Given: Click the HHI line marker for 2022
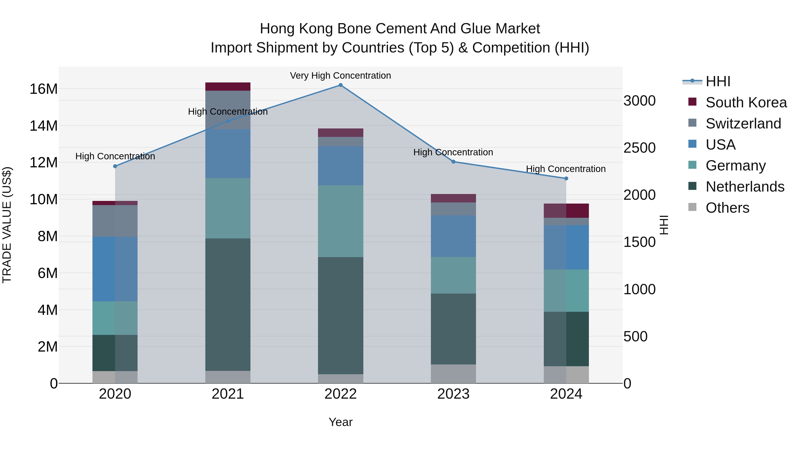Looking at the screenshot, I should (340, 85).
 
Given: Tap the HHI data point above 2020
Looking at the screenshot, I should (115, 166).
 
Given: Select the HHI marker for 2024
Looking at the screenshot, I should (566, 178).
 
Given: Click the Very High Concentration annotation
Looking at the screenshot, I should (340, 76).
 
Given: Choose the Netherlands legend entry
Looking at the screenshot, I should (745, 187).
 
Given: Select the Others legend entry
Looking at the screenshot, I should (727, 208).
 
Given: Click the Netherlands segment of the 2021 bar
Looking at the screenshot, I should (228, 304).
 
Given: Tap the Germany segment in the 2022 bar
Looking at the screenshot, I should (340, 221).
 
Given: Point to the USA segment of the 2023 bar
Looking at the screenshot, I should (453, 236).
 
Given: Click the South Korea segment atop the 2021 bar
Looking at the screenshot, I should (228, 87).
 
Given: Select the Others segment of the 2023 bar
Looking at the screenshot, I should (453, 374).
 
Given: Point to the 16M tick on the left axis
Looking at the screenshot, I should (44, 89).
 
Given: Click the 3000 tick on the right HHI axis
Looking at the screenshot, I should (639, 101).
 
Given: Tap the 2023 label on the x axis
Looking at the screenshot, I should (453, 394).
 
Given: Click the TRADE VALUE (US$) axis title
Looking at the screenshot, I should (7, 225).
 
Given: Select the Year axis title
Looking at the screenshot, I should (340, 422).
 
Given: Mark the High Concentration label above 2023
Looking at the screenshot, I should (453, 152).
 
